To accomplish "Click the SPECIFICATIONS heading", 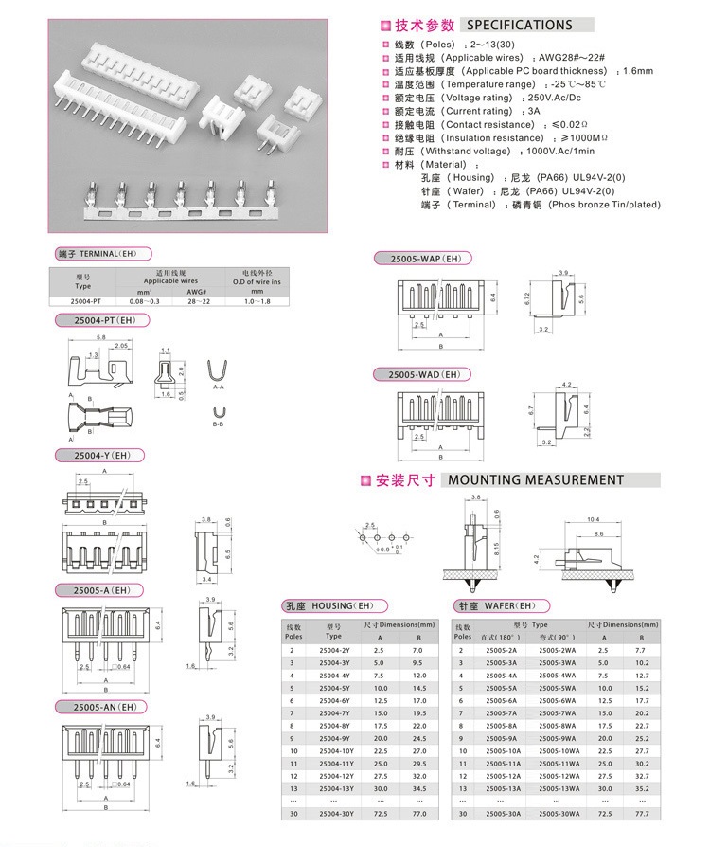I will (x=520, y=26).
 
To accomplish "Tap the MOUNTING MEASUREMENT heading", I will (x=536, y=480).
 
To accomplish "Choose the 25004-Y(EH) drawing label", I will (x=96, y=456).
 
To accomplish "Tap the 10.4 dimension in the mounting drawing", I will (x=594, y=520).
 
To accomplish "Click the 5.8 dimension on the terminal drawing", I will (x=100, y=338).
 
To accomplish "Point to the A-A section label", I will (x=218, y=387).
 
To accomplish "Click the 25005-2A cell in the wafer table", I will (x=502, y=650).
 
